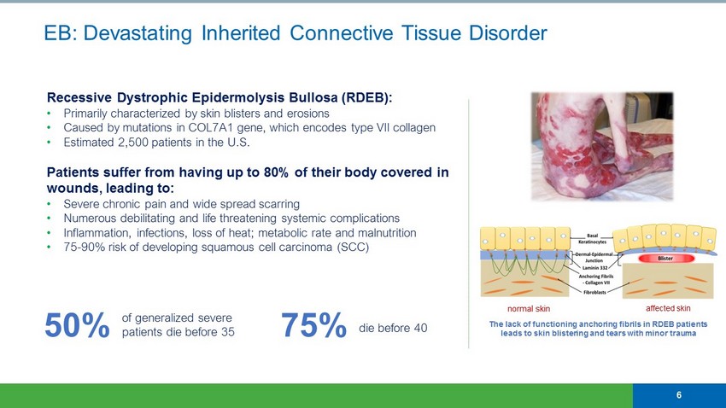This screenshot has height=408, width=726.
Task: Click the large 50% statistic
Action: tap(77, 325)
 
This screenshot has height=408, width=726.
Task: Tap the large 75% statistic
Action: tap(314, 325)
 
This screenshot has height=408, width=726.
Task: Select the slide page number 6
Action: tap(679, 395)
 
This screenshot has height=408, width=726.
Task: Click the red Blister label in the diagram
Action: tap(665, 258)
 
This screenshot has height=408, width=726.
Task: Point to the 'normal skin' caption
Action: tap(529, 308)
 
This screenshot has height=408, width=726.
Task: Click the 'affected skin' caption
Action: tap(668, 308)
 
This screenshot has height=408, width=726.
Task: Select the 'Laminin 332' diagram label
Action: tap(595, 268)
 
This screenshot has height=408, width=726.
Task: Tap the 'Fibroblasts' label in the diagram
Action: tap(595, 293)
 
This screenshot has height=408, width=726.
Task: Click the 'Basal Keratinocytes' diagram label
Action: tap(592, 239)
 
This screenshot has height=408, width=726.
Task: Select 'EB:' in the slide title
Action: tap(60, 33)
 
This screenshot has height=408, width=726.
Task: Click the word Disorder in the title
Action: tap(508, 33)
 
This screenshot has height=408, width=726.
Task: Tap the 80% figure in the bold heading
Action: tap(276, 172)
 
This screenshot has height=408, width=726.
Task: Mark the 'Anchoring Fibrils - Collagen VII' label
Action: tap(596, 279)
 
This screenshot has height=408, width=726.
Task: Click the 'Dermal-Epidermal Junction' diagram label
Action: tap(594, 257)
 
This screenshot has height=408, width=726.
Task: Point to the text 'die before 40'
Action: tap(393, 328)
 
